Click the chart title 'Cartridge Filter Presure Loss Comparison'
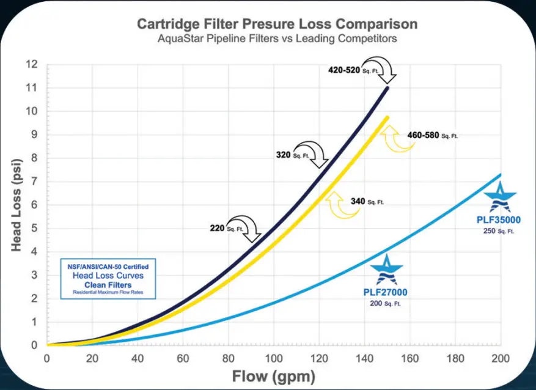click(x=277, y=24)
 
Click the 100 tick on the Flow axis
click(x=274, y=358)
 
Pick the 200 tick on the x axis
click(x=501, y=358)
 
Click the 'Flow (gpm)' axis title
click(x=274, y=375)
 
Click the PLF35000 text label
click(x=500, y=218)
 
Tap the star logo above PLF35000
click(x=500, y=197)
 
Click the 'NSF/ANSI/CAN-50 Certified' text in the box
click(x=108, y=267)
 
